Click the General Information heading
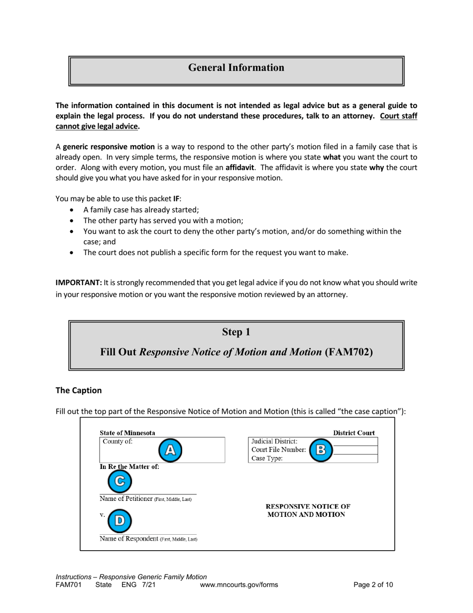click(x=236, y=68)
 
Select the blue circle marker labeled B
click(x=321, y=450)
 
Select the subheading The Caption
click(x=79, y=391)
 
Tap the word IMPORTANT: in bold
click(x=78, y=282)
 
